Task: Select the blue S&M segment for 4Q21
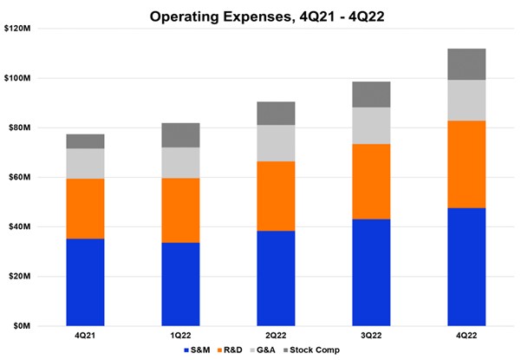(85, 282)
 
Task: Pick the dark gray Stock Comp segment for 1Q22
(180, 134)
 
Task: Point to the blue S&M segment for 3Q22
(371, 272)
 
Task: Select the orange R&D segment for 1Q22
(180, 210)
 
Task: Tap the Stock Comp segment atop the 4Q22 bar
(466, 64)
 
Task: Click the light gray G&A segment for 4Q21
(85, 163)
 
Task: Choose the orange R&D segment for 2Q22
(276, 196)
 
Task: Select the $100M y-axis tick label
(17, 79)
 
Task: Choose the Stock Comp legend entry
(312, 350)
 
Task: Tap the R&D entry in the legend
(231, 350)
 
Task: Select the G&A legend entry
(266, 350)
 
